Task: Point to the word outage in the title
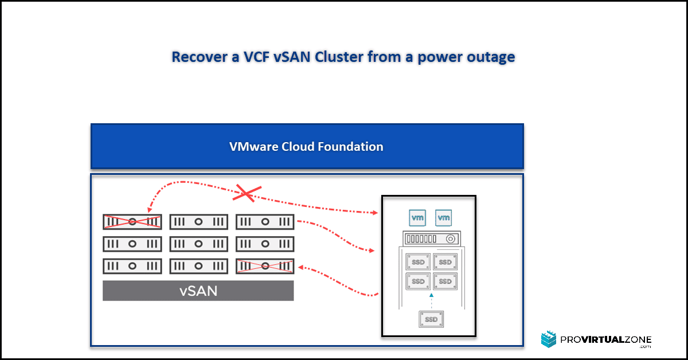(x=491, y=57)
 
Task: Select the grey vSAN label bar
(x=198, y=291)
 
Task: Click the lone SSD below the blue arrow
(x=431, y=319)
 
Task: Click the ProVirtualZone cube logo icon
(x=549, y=339)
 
